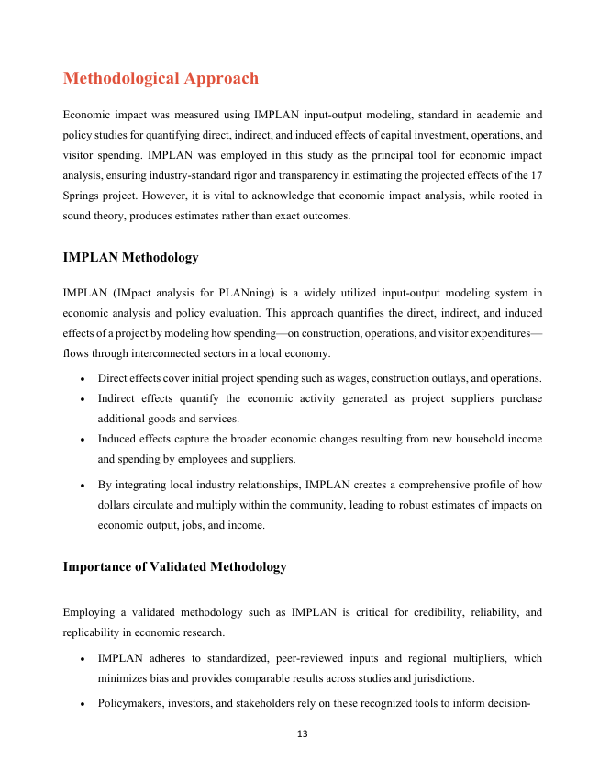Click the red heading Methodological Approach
(x=161, y=79)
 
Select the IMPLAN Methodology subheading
(x=130, y=258)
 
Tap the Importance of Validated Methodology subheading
(x=174, y=567)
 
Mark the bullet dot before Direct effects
(x=83, y=379)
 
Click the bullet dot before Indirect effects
(x=83, y=399)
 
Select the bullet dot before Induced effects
(x=83, y=440)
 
